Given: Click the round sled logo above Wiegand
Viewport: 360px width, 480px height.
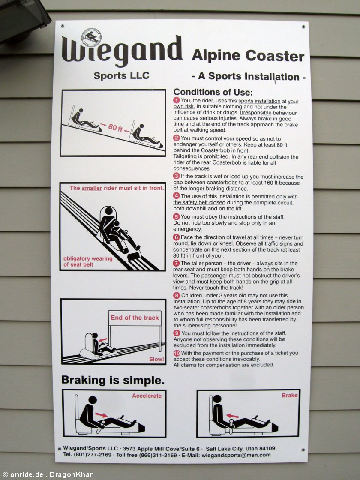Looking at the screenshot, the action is [x=91, y=38].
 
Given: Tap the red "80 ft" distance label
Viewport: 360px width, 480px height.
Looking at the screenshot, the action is [x=115, y=127].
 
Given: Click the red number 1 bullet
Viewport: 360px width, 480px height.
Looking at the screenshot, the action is [x=176, y=100].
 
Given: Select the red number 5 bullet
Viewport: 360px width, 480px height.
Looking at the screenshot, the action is [x=176, y=217].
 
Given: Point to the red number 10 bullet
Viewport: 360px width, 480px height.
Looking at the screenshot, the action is [x=177, y=353].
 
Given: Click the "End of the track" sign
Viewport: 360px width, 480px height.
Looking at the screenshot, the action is [x=135, y=318].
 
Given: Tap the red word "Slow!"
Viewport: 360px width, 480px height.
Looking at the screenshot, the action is [x=156, y=359].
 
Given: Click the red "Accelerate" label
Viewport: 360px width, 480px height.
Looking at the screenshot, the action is [x=147, y=396].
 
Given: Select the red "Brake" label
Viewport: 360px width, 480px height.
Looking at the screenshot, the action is [x=290, y=395].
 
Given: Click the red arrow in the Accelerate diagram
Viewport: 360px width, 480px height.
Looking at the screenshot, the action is [x=101, y=415].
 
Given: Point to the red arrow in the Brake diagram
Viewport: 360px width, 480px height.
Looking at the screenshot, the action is [x=232, y=416].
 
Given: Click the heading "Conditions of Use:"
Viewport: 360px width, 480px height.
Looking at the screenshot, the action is [x=213, y=92].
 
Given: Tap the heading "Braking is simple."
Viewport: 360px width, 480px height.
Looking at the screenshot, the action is [x=113, y=380].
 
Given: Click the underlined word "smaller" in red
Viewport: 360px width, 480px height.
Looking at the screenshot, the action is [x=92, y=188].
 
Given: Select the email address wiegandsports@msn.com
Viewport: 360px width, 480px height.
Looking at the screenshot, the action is [x=236, y=455].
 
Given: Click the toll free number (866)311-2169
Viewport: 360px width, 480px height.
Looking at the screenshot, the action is [x=158, y=455].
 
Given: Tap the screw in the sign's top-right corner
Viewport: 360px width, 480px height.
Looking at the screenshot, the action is [x=303, y=27].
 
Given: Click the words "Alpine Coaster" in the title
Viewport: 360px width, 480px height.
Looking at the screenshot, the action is [x=248, y=56].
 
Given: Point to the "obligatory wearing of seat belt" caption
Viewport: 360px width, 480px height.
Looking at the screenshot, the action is [x=88, y=261].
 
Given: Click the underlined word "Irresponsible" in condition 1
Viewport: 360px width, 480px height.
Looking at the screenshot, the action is [x=255, y=113].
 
